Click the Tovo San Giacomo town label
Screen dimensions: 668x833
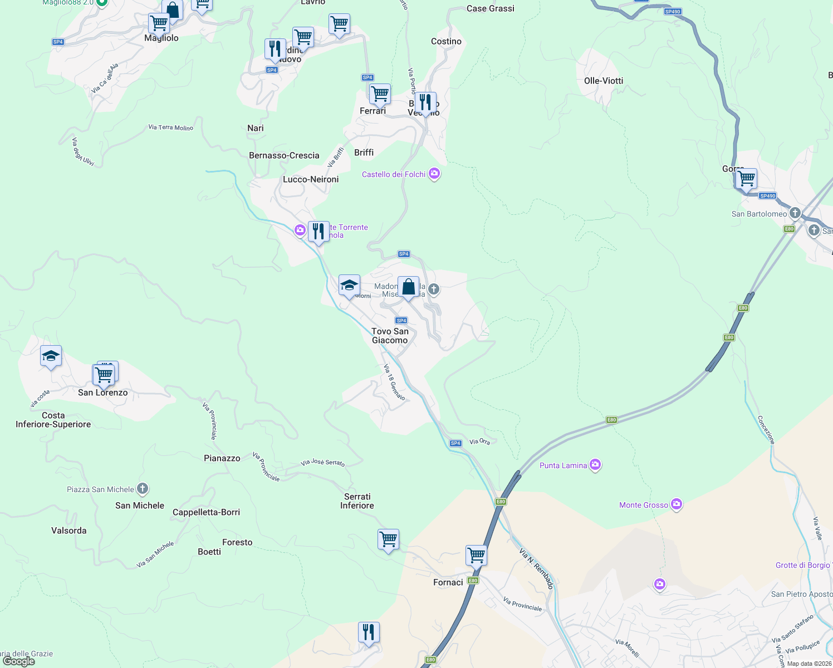coord(390,336)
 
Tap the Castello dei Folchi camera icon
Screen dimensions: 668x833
coord(434,174)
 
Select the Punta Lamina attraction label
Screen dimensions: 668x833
coord(563,465)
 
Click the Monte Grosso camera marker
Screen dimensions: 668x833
coord(677,505)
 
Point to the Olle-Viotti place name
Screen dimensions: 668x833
coord(604,81)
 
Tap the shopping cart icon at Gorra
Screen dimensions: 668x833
coord(746,179)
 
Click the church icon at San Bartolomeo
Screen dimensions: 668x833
coord(795,213)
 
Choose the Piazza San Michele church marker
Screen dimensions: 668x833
coord(143,489)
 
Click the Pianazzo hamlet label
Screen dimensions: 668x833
coord(222,458)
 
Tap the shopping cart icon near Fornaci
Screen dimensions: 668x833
coord(477,554)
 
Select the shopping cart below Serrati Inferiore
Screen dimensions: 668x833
coord(388,539)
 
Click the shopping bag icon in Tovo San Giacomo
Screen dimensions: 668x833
coord(408,287)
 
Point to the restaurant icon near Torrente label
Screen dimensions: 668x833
coord(318,232)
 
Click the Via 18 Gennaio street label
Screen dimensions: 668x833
coord(394,382)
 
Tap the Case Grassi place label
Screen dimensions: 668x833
coord(490,8)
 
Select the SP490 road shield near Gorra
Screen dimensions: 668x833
coord(767,196)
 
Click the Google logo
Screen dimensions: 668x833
coord(18,661)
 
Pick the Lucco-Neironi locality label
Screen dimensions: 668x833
coord(311,179)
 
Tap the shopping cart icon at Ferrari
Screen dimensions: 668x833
coord(380,94)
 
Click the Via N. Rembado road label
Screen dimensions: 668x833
coord(536,568)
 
